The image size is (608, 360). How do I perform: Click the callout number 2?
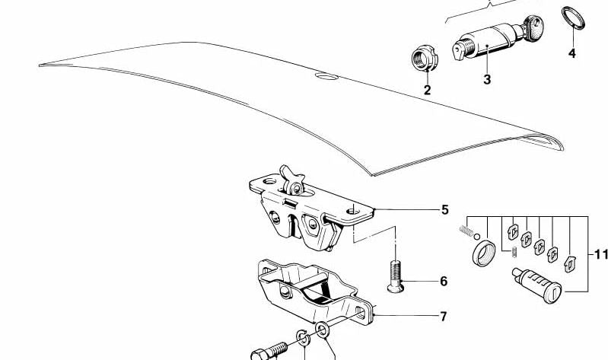(427, 90)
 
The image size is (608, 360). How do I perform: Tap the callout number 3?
(487, 79)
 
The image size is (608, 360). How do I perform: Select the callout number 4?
(572, 53)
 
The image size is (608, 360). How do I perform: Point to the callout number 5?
(444, 210)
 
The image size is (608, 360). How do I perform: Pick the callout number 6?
(444, 282)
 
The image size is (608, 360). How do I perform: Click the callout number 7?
(443, 317)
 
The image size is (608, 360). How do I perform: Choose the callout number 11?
(601, 255)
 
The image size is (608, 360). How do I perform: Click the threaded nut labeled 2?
(425, 58)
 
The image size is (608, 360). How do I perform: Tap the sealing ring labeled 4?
(573, 18)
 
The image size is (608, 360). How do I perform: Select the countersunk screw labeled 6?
(396, 276)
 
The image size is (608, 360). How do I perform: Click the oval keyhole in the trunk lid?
(326, 75)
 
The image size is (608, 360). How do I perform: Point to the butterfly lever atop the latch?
(291, 180)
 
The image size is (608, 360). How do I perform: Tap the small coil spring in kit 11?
(466, 231)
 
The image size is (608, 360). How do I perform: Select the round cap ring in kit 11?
(484, 253)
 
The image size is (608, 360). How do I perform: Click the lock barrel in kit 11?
(536, 285)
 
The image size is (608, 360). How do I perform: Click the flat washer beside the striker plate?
(322, 330)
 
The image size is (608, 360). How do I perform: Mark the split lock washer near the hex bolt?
(303, 337)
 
